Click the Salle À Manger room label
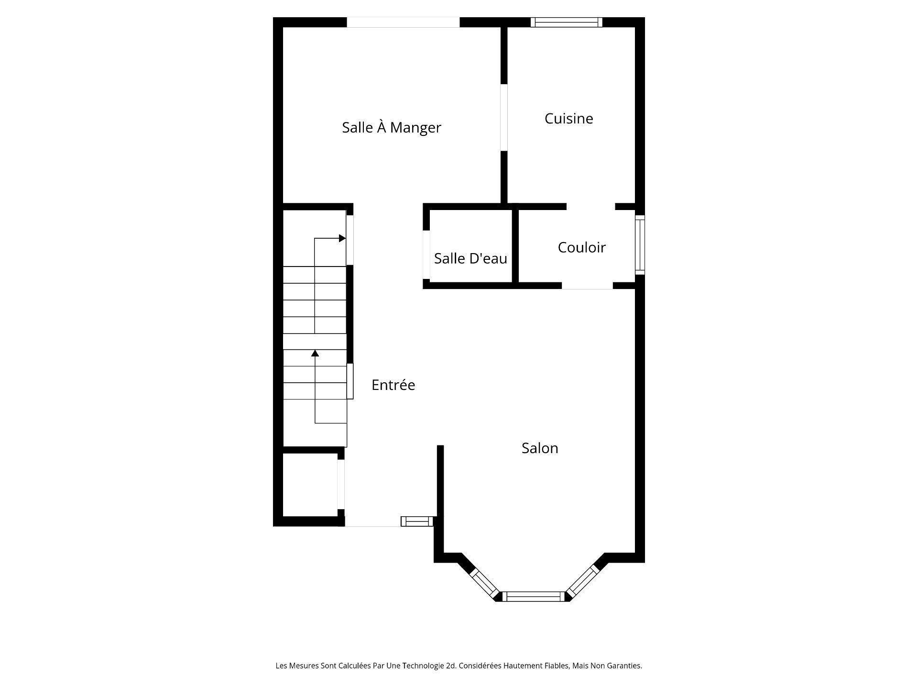(391, 128)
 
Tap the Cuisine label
(568, 119)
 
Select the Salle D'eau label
(470, 259)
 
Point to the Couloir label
(581, 247)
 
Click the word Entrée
(393, 385)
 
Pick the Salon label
(539, 448)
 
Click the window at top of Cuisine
(566, 22)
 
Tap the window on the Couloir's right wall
(640, 245)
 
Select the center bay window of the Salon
(533, 596)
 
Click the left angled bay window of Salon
(484, 583)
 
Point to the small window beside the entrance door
(417, 521)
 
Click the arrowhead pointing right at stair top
(342, 238)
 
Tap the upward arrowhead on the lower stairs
(315, 354)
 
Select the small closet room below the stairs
(310, 485)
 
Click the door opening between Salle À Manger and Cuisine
(503, 118)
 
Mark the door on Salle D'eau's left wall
(426, 255)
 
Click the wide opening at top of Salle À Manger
(403, 22)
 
